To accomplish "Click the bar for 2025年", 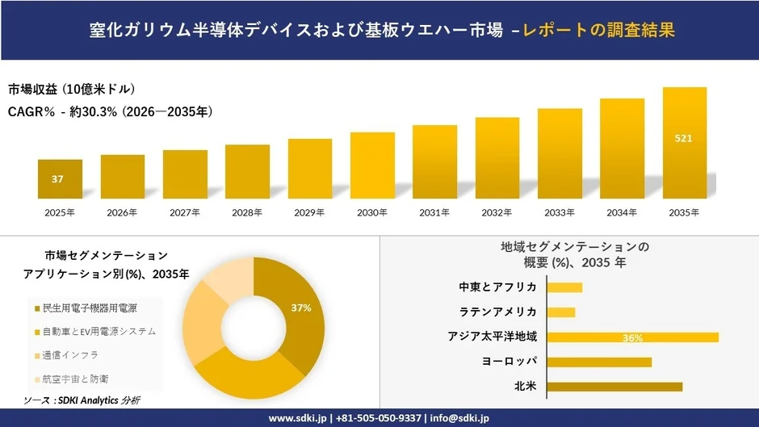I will [x=60, y=179].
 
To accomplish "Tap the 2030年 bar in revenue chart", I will [x=372, y=165].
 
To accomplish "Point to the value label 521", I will [x=683, y=139].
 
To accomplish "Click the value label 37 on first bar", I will [x=57, y=179].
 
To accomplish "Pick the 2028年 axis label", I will [x=247, y=213].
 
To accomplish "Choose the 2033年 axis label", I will [x=560, y=213].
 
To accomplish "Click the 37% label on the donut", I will [x=301, y=308].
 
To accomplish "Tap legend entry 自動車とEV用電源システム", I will [x=100, y=331].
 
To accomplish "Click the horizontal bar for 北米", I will [x=614, y=387].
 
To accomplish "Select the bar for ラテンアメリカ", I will [x=561, y=312].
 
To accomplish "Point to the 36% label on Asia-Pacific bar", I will [x=632, y=337].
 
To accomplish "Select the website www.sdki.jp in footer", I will [x=296, y=418].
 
